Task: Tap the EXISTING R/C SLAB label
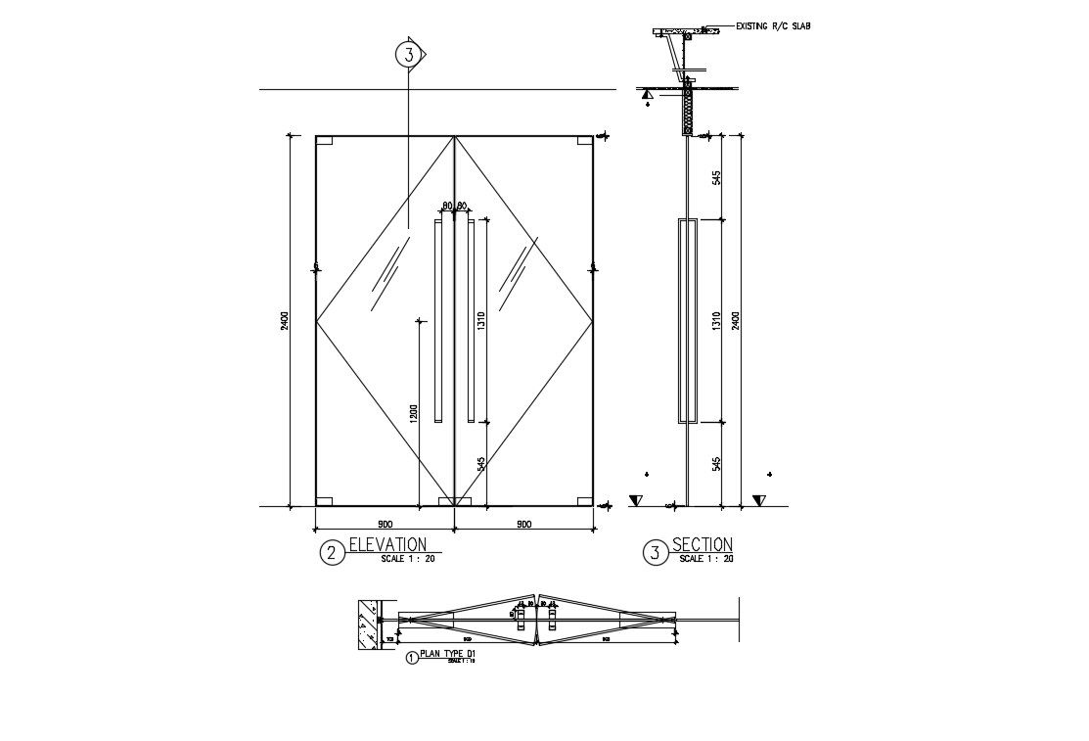pos(772,26)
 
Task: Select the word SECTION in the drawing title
pos(702,544)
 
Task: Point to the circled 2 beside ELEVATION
pos(332,553)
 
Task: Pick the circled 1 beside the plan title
pos(411,659)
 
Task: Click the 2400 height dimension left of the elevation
pos(284,320)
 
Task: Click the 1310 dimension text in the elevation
pos(481,321)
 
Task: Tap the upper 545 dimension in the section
pos(716,177)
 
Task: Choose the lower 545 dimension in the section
pos(716,462)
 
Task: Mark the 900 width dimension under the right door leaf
pos(522,524)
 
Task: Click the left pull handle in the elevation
pos(438,323)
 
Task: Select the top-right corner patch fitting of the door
pos(584,140)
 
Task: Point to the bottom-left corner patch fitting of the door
pos(325,501)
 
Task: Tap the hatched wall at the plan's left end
pos(367,624)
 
